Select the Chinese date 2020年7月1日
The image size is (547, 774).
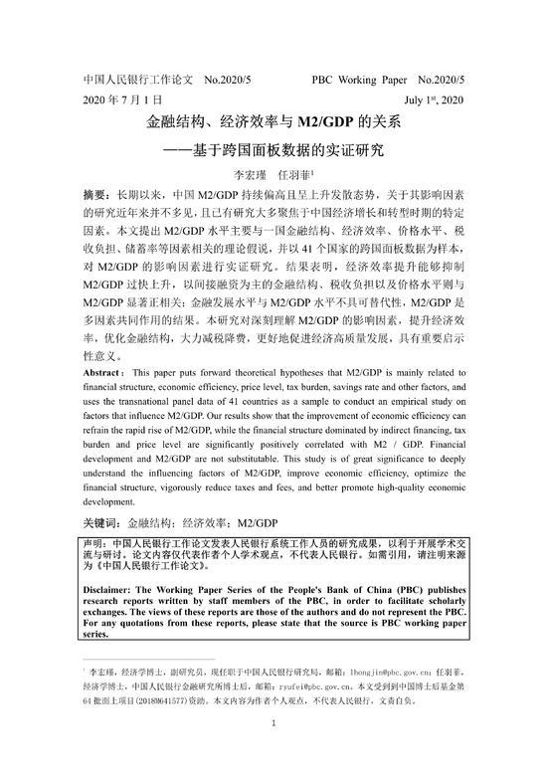(x=121, y=100)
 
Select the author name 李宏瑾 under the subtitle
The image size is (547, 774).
(x=246, y=175)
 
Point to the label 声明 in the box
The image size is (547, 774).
(x=94, y=545)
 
